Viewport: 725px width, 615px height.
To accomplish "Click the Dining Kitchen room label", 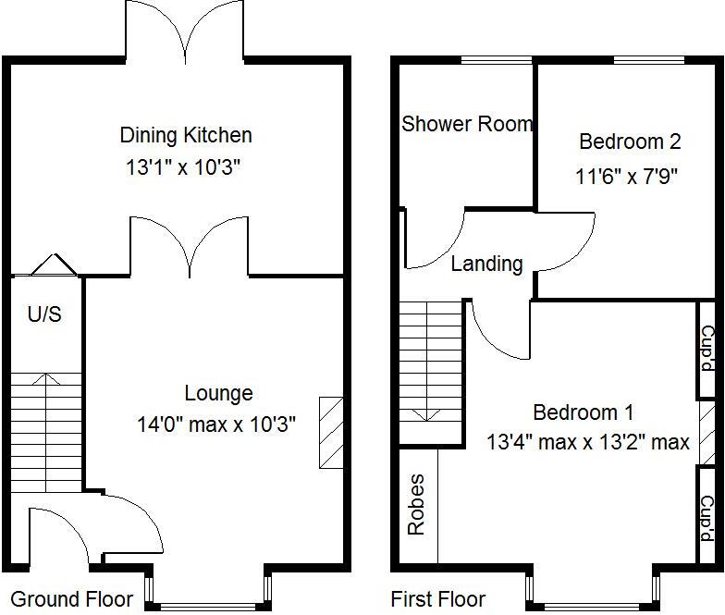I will coord(186,136).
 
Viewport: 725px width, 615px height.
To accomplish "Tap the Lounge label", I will coord(218,394).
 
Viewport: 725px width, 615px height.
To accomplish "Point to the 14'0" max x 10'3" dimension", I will coord(216,425).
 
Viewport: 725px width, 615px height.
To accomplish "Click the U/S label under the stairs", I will coord(44,315).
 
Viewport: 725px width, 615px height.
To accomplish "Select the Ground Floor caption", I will coord(71,598).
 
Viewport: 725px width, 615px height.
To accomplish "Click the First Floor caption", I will coord(437,598).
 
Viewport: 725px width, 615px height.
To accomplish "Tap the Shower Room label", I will coord(467,124).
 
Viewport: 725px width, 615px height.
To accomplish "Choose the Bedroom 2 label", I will coord(630,141).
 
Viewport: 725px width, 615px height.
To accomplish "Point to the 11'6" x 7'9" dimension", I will coord(628,176).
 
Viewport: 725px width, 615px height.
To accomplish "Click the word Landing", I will coord(486,264).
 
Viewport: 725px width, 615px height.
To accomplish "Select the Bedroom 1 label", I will coord(583,412).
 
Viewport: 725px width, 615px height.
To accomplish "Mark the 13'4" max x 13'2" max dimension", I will coord(588,443).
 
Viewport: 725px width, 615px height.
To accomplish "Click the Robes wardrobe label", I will coord(416,505).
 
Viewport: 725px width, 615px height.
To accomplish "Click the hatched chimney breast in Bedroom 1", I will coord(707,433).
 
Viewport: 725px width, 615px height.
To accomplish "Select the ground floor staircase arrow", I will coord(47,379).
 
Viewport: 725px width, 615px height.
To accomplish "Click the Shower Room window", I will coord(497,61).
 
